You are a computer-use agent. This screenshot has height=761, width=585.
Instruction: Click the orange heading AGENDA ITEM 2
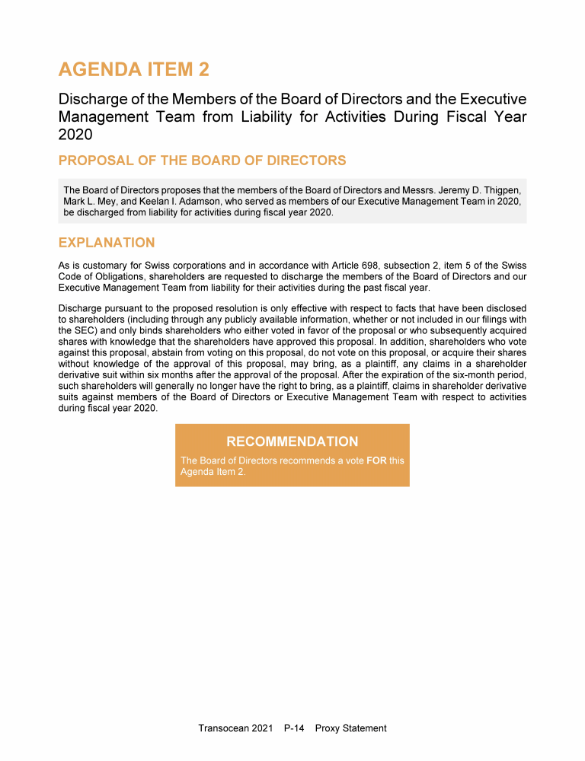(x=133, y=70)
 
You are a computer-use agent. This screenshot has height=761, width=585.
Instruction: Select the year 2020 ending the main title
(x=75, y=135)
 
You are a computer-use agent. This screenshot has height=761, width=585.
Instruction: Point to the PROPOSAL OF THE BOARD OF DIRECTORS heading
(x=202, y=161)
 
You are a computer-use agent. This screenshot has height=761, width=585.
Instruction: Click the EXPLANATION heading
(x=107, y=243)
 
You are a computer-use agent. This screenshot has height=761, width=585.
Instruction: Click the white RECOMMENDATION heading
(x=292, y=441)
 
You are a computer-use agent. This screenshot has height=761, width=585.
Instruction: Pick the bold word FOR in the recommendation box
(x=376, y=460)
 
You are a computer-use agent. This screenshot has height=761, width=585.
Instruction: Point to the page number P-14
(x=293, y=728)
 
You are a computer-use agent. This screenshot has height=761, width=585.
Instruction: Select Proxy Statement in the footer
(x=350, y=728)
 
